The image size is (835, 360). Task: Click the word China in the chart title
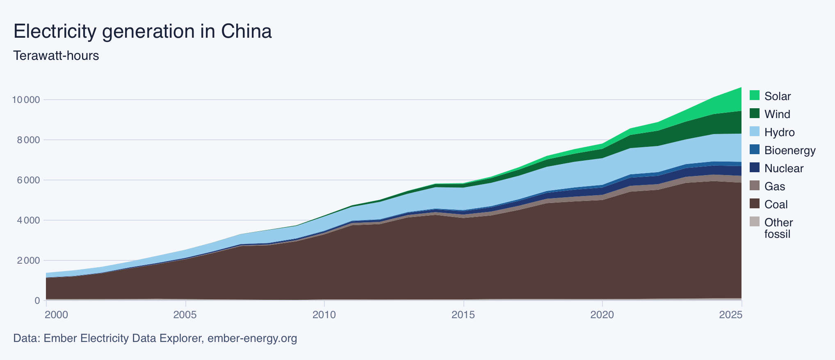tap(246, 31)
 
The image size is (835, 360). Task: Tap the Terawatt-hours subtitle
tap(56, 55)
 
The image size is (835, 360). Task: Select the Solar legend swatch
tap(755, 96)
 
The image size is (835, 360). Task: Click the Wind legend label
tap(777, 114)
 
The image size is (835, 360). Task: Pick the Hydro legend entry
tap(779, 132)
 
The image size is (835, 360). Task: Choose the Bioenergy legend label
tap(789, 150)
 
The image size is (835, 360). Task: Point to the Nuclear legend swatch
tap(755, 168)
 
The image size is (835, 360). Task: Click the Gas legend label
tap(774, 186)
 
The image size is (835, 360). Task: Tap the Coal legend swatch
tap(755, 204)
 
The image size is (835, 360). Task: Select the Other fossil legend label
tap(778, 228)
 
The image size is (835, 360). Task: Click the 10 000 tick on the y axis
tap(26, 100)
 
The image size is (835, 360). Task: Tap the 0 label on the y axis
tap(37, 301)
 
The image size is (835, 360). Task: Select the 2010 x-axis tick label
tap(324, 315)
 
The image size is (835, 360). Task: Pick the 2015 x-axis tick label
tap(463, 315)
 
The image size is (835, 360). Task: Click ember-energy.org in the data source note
tap(252, 338)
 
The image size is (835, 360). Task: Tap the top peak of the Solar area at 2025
tap(741, 88)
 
